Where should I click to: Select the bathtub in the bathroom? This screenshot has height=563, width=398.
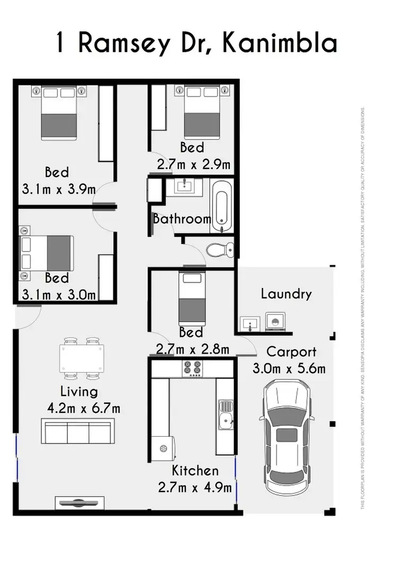point(221,205)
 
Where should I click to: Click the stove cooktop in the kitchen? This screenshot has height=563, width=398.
point(192,368)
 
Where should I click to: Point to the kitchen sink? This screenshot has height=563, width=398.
point(225,414)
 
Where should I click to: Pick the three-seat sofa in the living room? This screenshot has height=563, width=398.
point(78,431)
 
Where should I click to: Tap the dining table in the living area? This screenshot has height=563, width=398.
point(82,357)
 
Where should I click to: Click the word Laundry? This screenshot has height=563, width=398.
point(285,293)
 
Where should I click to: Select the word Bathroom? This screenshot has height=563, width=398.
point(182,219)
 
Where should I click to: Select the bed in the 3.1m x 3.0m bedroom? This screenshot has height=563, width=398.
point(48,253)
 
